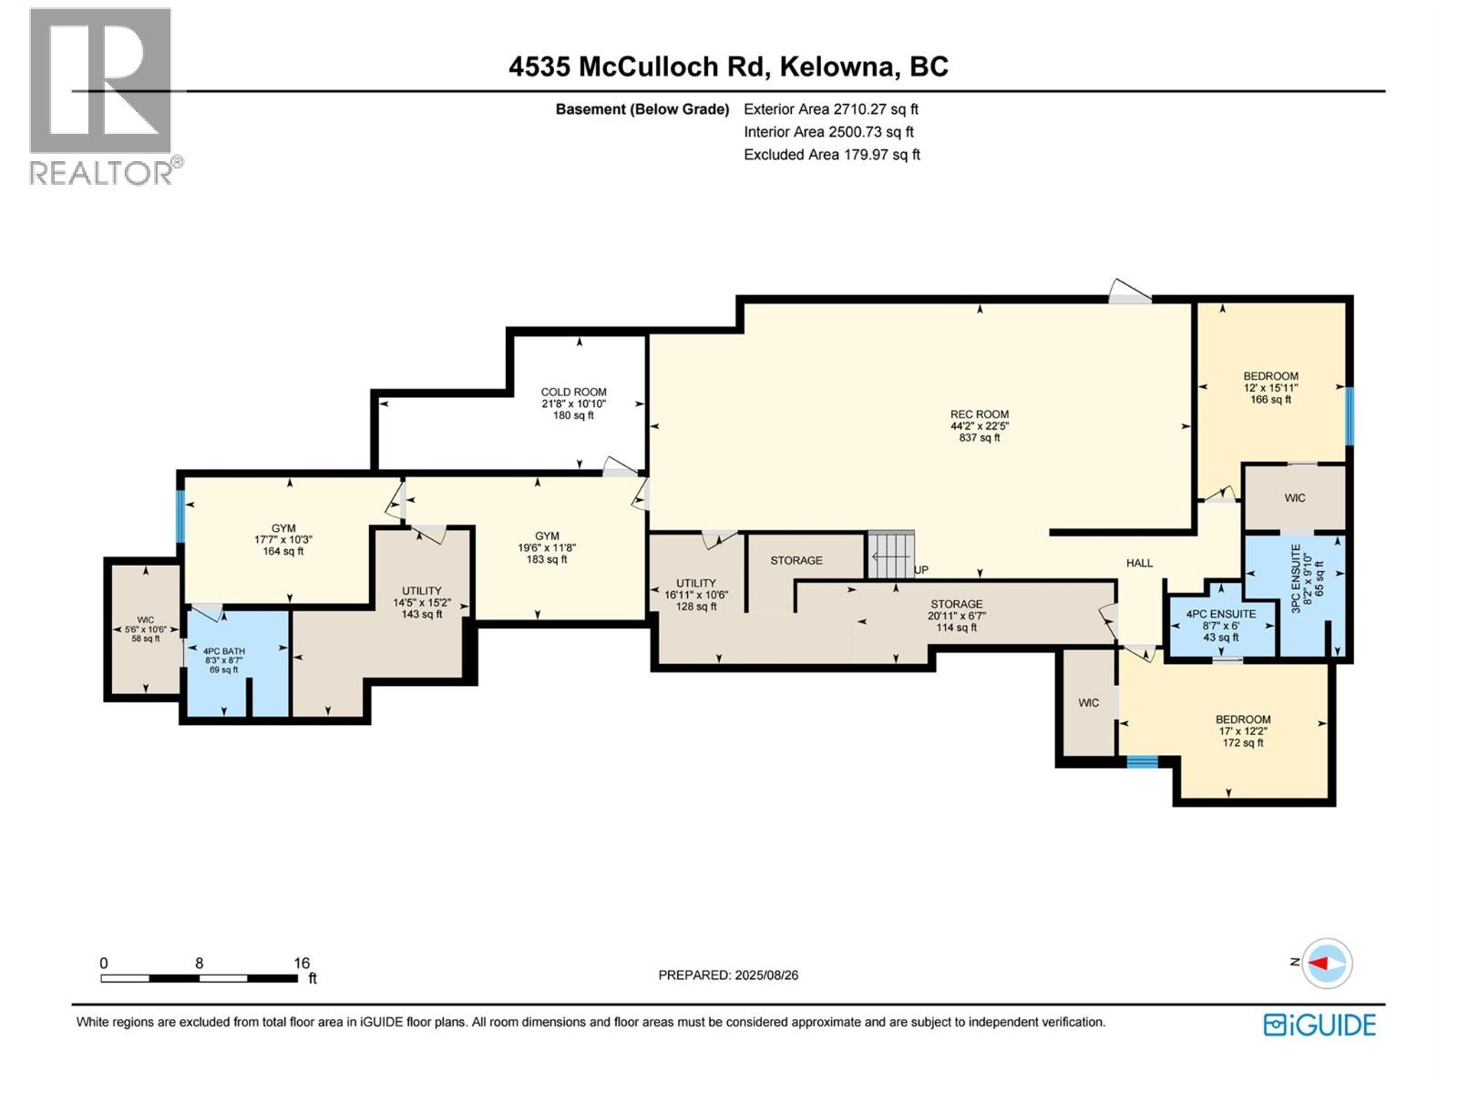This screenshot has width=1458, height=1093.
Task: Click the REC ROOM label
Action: point(980,425)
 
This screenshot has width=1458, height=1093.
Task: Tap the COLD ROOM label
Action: point(573,403)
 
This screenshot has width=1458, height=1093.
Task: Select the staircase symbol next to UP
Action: point(889,555)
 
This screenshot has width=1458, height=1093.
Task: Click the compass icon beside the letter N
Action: point(1328,963)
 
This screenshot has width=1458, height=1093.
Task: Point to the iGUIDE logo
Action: point(1319,1025)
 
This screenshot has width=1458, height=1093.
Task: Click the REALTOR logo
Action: point(102,96)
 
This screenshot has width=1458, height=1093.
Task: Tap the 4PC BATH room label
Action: point(223,659)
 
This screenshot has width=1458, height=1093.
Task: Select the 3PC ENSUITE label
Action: point(1307,582)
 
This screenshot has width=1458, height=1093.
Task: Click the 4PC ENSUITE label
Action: point(1221,625)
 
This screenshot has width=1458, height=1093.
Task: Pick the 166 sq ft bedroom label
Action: point(1270,387)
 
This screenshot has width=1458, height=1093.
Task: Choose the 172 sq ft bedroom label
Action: point(1243,730)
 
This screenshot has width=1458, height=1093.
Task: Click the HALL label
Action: point(1139,563)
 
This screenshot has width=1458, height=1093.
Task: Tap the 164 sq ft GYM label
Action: point(283,539)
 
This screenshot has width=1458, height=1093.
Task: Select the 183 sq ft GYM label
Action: point(547,547)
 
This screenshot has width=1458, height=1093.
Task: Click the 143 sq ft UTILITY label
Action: point(422,602)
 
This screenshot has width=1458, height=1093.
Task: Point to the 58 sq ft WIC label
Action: point(145,629)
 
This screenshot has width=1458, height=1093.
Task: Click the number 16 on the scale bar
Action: point(301,963)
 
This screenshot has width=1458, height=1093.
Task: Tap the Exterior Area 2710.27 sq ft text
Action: point(831,109)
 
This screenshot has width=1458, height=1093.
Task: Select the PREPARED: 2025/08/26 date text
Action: point(728,975)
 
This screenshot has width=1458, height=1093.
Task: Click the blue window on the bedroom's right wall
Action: point(1350,415)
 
